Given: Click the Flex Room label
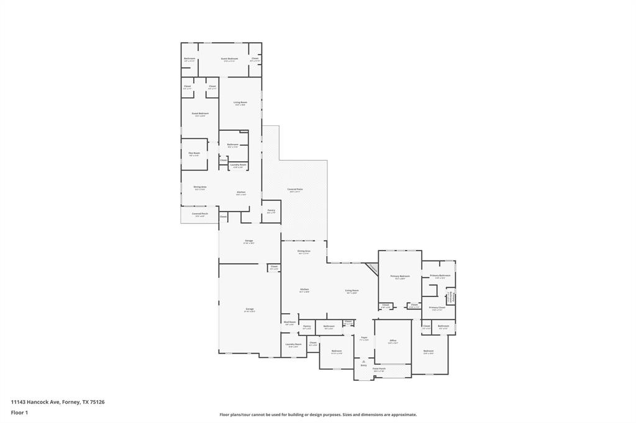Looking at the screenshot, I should pyautogui.click(x=194, y=153).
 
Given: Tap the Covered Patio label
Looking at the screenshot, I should pyautogui.click(x=295, y=189).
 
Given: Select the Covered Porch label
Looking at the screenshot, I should pyautogui.click(x=199, y=214).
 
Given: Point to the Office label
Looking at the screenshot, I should pyautogui.click(x=393, y=341).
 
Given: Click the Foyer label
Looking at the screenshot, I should pyautogui.click(x=365, y=338).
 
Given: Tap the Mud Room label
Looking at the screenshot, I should pyautogui.click(x=289, y=323).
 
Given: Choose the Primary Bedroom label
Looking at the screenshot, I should pyautogui.click(x=399, y=276).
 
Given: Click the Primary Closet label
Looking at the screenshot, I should pyautogui.click(x=437, y=308).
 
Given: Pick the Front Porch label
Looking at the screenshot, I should pyautogui.click(x=379, y=369).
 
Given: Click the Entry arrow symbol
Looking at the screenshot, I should pyautogui.click(x=364, y=361).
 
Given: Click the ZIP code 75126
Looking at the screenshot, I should pyautogui.click(x=97, y=402).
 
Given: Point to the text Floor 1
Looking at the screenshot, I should pyautogui.click(x=19, y=412).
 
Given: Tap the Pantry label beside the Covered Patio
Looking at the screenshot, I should pyautogui.click(x=271, y=211).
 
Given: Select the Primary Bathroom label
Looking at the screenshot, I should pyautogui.click(x=440, y=275).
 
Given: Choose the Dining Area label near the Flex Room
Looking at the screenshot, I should pyautogui.click(x=199, y=187).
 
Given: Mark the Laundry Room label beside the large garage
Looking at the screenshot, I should pyautogui.click(x=293, y=344).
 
